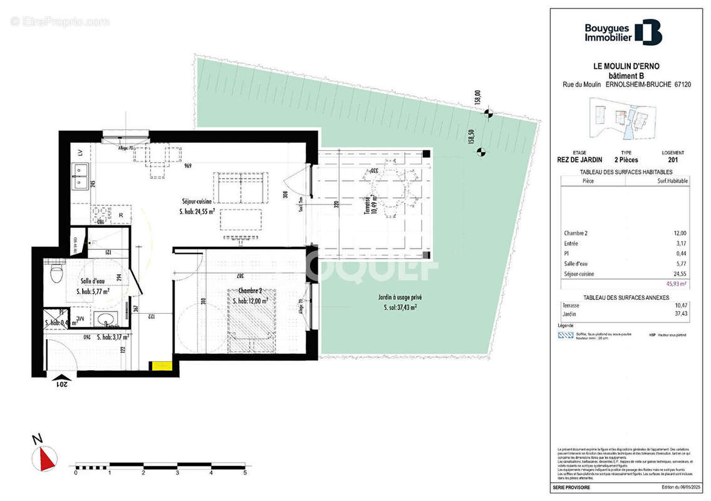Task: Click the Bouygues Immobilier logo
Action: pyautogui.click(x=623, y=33)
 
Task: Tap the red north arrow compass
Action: pyautogui.click(x=44, y=458)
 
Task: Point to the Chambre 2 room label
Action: pyautogui.click(x=245, y=291)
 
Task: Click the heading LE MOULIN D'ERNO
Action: pyautogui.click(x=626, y=66)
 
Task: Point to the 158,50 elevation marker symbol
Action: pyautogui.click(x=481, y=151)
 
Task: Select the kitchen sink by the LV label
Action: pyautogui.click(x=80, y=176)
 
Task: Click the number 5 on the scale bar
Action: pyautogui.click(x=244, y=473)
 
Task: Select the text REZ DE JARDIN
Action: pyautogui.click(x=581, y=160)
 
